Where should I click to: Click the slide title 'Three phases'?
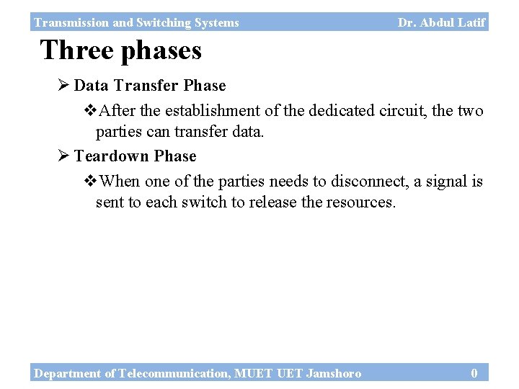120,50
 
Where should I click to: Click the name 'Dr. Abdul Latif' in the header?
441,22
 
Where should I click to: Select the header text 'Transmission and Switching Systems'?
136,22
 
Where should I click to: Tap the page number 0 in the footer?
474,372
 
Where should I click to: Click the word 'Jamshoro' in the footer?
333,372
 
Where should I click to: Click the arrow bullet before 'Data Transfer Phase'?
63,86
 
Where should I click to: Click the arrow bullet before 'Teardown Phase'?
63,156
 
